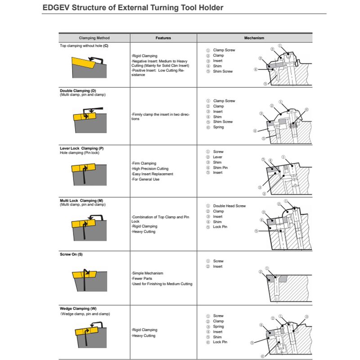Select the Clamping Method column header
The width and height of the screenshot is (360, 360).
pyautogui.click(x=94, y=38)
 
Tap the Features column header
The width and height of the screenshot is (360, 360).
pyautogui.click(x=163, y=38)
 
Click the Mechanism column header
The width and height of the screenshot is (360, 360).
pyautogui.click(x=254, y=38)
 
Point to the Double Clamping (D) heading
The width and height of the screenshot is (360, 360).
pyautogui.click(x=78, y=91)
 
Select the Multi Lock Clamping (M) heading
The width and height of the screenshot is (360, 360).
pyautogui.click(x=81, y=200)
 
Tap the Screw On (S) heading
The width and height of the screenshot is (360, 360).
pyautogui.click(x=71, y=255)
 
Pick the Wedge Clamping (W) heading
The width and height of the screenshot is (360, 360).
pyautogui.click(x=78, y=309)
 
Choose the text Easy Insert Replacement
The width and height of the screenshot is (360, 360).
pyautogui.click(x=152, y=174)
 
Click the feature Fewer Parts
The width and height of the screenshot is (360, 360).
pyautogui.click(x=143, y=279)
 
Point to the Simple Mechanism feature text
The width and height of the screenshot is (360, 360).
pyautogui.click(x=148, y=273)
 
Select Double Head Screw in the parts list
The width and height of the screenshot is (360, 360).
pyautogui.click(x=229, y=206)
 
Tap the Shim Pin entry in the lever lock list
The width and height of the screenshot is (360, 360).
pyautogui.click(x=220, y=167)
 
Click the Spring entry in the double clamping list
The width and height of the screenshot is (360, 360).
pyautogui.click(x=218, y=127)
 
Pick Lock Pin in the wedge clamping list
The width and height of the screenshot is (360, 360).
pyautogui.click(x=220, y=342)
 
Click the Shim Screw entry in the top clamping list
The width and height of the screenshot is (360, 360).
pyautogui.click(x=223, y=71)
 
